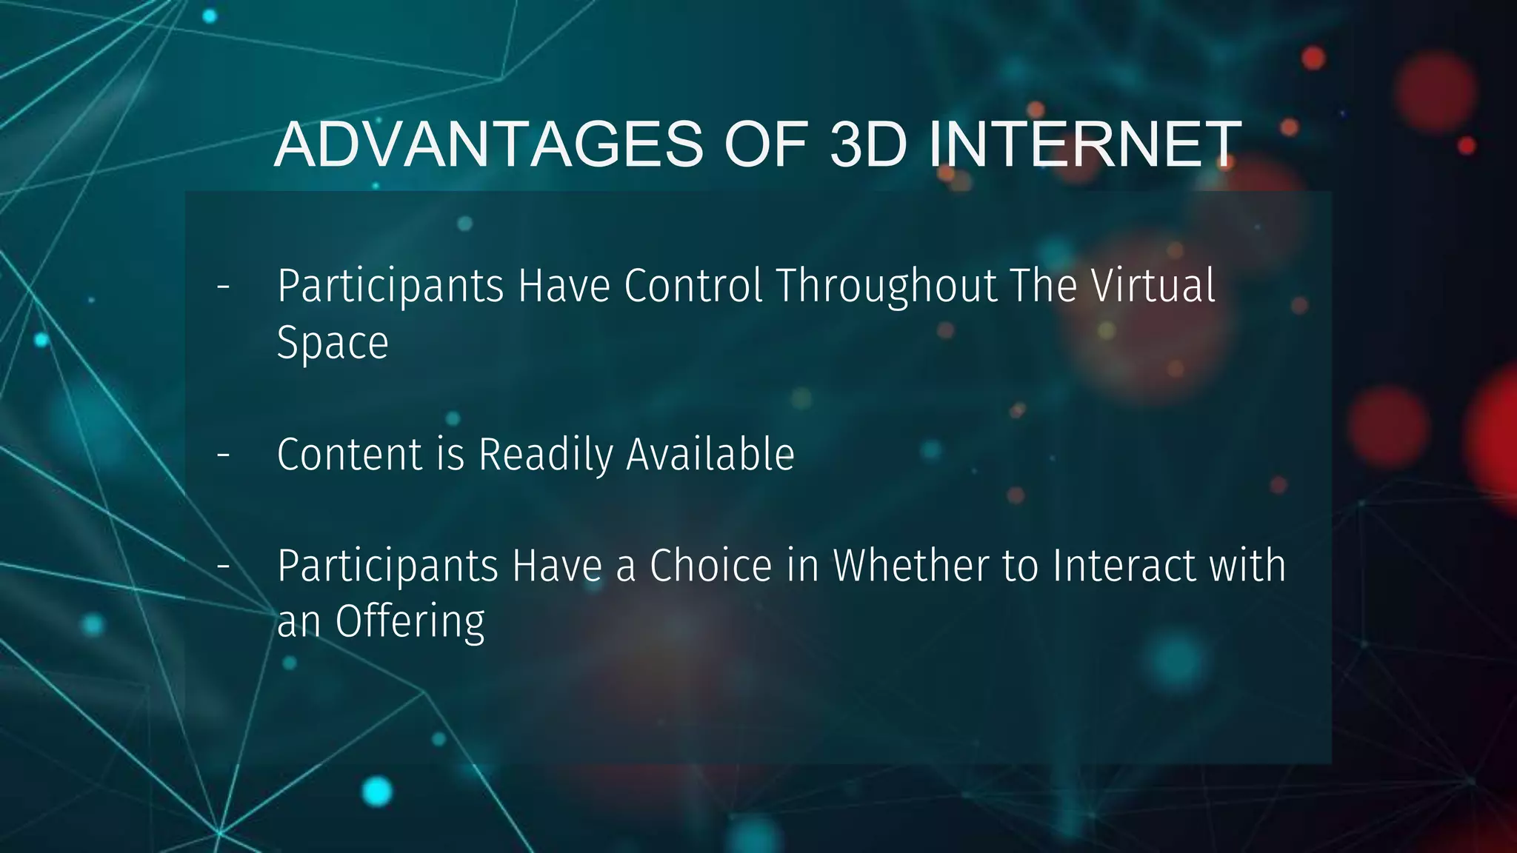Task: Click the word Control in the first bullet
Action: pyautogui.click(x=693, y=286)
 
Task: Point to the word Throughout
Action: pyautogui.click(x=887, y=287)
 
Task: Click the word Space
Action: pyautogui.click(x=333, y=344)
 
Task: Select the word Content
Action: pyautogui.click(x=350, y=454)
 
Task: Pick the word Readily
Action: pyautogui.click(x=545, y=455)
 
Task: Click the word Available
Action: pyautogui.click(x=710, y=454)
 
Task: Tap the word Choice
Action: pyautogui.click(x=711, y=566)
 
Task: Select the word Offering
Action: pyautogui.click(x=410, y=622)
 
